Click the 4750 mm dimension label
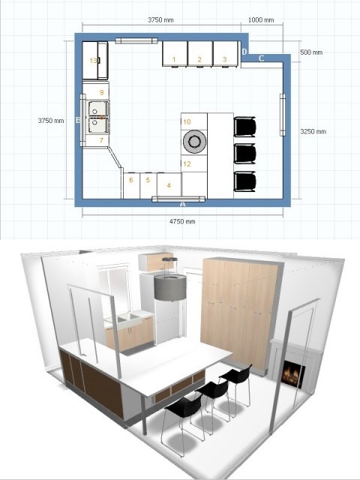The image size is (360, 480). point(182,221)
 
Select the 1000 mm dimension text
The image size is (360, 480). point(261,20)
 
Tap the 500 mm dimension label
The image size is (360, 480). point(311,52)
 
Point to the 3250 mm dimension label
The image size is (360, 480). point(313,132)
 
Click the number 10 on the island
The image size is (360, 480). point(187,121)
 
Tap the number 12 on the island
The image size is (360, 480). point(187,163)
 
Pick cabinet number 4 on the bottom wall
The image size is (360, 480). point(169,185)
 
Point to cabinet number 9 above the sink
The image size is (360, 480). point(102,92)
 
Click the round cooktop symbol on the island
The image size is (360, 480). point(194,142)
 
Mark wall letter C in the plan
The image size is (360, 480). point(262,58)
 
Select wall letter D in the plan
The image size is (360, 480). point(244,52)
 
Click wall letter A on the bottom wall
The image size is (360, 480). point(183,204)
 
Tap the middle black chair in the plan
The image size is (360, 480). point(244,154)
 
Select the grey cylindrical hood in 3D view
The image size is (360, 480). point(170,287)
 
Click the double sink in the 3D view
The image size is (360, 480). point(128,320)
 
